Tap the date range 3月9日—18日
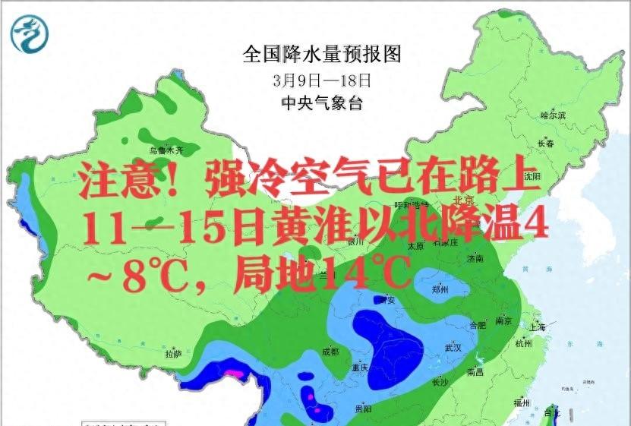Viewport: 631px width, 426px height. click(321, 79)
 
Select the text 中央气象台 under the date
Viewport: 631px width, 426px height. click(321, 103)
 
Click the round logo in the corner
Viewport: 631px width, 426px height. click(29, 33)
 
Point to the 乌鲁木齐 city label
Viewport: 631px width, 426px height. click(166, 150)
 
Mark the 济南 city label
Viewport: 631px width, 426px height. click(475, 259)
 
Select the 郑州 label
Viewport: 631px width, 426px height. click(440, 290)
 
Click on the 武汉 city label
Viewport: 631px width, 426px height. click(453, 347)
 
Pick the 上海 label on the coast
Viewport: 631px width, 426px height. click(538, 327)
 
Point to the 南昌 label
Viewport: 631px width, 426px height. click(476, 371)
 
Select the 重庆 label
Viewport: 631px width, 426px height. click(360, 368)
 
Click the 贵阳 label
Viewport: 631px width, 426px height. click(363, 409)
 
